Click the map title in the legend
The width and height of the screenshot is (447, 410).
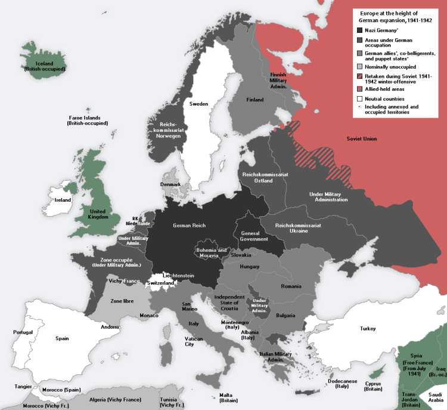[x=397, y=17]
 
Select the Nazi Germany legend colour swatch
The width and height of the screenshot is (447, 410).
[x=359, y=30]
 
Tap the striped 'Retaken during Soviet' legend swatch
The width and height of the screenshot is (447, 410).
[x=359, y=77]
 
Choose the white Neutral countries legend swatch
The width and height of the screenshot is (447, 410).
[x=359, y=98]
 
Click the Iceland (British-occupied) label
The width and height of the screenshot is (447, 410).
[x=45, y=66]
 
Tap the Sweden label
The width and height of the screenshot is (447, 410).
[x=198, y=104]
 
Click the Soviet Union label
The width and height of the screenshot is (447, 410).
[x=362, y=139]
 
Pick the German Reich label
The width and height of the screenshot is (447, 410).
[x=190, y=225]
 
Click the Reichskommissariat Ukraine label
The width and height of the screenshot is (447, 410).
[x=299, y=229]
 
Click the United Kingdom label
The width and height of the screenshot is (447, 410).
[x=98, y=214]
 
